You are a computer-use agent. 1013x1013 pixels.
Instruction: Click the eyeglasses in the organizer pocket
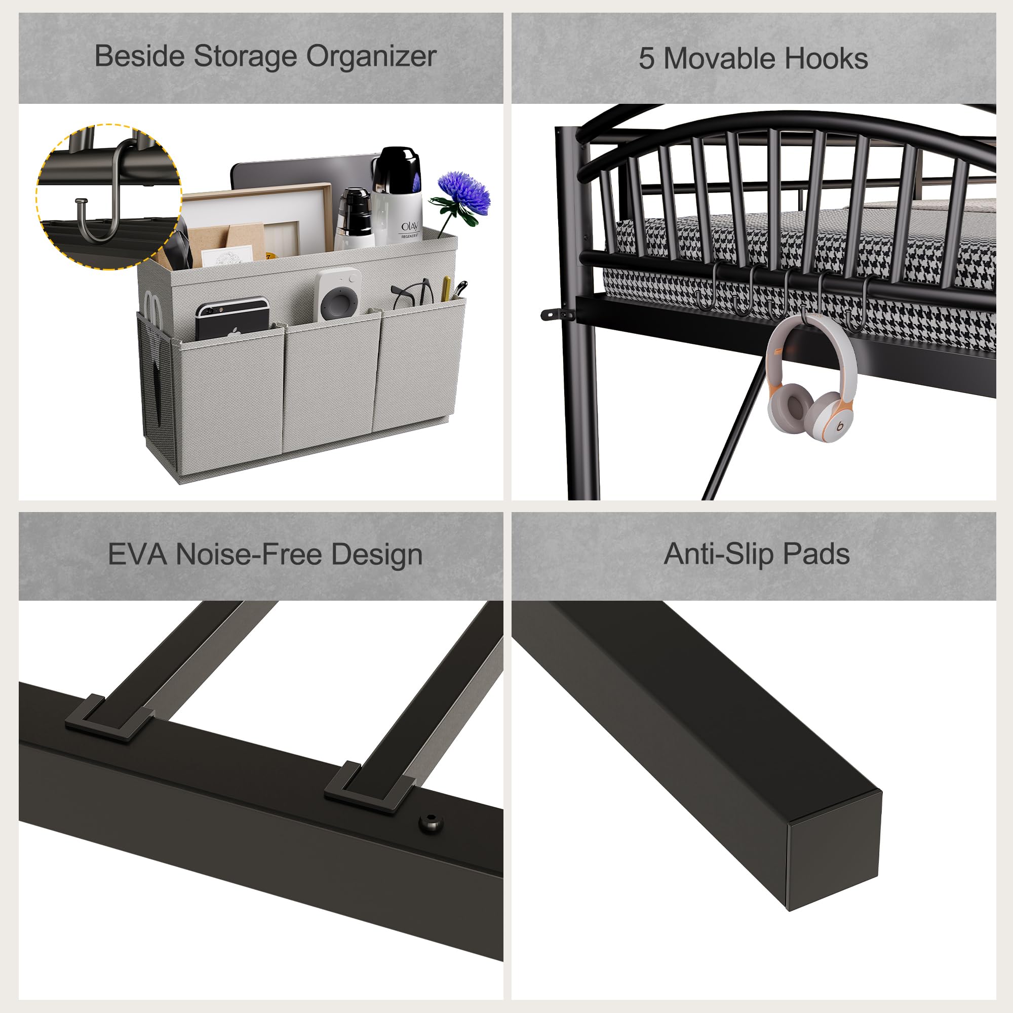click(413, 294)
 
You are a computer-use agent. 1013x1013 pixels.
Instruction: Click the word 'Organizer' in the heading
click(371, 57)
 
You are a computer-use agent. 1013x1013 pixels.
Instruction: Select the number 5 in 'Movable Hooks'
click(646, 59)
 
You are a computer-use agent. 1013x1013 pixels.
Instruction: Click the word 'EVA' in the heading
click(137, 555)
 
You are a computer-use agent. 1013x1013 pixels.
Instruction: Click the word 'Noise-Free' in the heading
click(249, 555)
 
